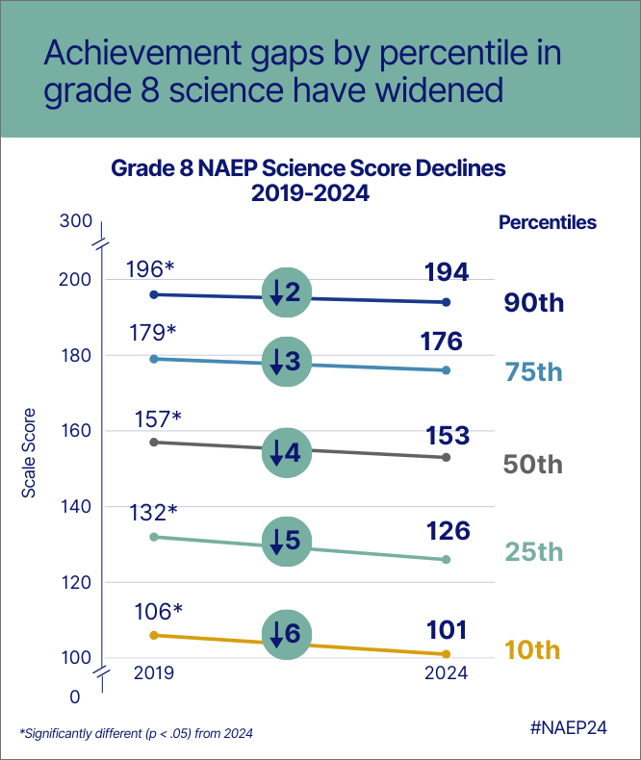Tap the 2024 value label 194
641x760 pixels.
pos(447,272)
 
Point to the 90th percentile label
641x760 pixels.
pos(533,304)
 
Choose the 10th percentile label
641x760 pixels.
pos(532,650)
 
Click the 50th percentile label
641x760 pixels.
pos(532,465)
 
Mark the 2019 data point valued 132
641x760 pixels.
pos(153,536)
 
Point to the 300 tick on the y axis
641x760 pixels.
pos(75,221)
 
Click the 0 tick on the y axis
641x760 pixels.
pos(76,695)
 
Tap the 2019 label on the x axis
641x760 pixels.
pos(153,673)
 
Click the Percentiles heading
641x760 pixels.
pos(547,222)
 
